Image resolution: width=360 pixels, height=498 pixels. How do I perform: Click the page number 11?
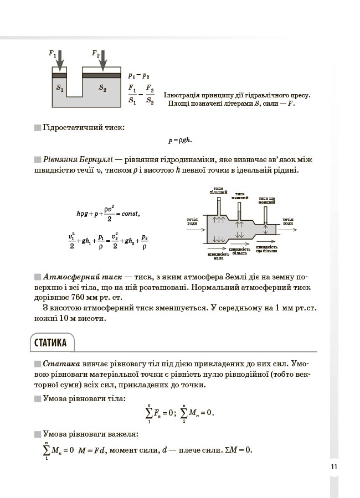click(334, 466)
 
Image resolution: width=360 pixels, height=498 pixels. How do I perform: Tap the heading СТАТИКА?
click(50, 343)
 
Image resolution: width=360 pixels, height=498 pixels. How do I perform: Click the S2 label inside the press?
click(102, 88)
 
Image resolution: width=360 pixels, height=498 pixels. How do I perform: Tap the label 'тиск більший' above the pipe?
click(218, 190)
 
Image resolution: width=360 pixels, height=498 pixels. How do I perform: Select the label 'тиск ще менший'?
click(268, 200)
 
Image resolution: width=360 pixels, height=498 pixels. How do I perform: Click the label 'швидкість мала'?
click(218, 256)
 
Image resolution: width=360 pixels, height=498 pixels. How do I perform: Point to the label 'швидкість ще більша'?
click(267, 249)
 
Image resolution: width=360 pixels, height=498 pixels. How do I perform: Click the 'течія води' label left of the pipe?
click(193, 221)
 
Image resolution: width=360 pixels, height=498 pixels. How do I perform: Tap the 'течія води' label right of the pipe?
click(287, 221)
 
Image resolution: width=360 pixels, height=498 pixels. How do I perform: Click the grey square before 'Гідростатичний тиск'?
click(37, 128)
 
